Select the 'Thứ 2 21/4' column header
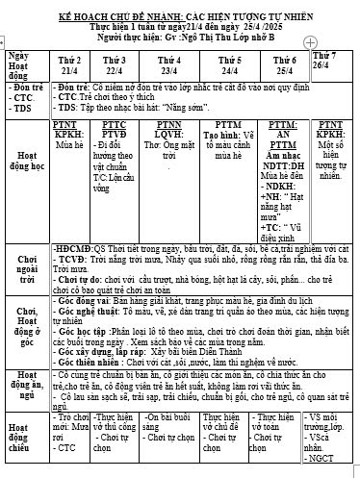coord(69,64)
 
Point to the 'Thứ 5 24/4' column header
coord(229,64)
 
